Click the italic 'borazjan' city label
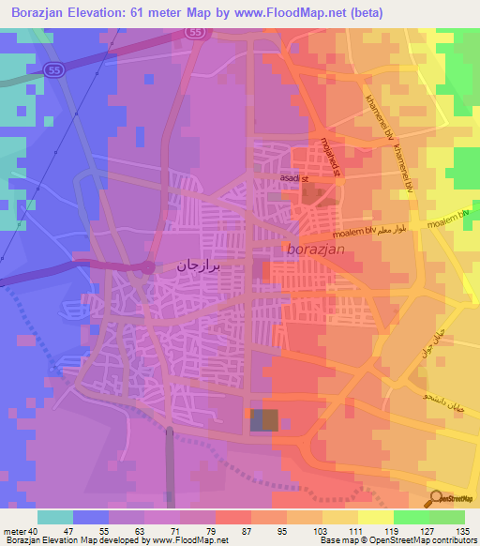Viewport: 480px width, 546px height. [318, 250]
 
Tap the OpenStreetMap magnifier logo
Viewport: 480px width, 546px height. [436, 497]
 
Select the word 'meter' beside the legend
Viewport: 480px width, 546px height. [13, 531]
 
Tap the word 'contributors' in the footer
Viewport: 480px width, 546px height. [451, 540]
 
